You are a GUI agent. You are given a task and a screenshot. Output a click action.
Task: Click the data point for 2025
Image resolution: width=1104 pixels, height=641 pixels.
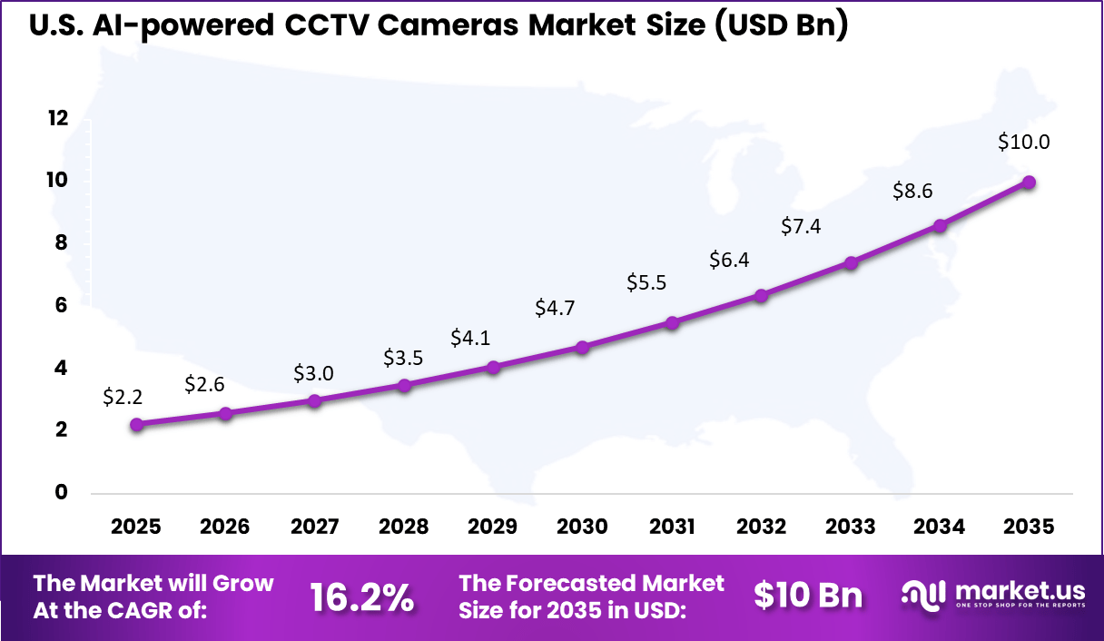tap(136, 424)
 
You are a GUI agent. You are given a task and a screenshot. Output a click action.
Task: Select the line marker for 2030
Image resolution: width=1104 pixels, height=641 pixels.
tap(582, 347)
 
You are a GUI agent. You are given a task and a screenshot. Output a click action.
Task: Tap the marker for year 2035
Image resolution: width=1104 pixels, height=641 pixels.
tap(1029, 182)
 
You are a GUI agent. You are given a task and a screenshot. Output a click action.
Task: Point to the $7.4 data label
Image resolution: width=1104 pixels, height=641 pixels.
tap(801, 226)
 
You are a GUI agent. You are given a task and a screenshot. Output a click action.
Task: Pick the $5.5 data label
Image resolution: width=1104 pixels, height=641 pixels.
tap(646, 282)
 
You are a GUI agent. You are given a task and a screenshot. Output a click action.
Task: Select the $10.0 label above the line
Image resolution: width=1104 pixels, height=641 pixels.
tap(1023, 142)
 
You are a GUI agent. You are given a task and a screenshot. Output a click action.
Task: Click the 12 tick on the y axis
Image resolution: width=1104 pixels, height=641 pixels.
tap(58, 118)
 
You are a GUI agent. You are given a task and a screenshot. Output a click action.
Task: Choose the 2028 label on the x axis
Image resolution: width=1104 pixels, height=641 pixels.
tap(403, 527)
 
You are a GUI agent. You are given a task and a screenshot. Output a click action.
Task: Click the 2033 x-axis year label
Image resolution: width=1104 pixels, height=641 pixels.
tap(851, 527)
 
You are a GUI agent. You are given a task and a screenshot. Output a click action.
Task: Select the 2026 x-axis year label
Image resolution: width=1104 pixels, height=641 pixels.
tap(224, 527)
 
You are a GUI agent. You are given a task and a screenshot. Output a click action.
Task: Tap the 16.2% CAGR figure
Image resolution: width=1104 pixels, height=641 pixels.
tap(362, 597)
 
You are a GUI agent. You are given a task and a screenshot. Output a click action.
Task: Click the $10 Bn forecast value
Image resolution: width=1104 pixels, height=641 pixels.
tap(808, 595)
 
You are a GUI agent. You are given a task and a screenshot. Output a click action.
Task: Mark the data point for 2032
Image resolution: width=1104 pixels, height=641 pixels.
tap(761, 295)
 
